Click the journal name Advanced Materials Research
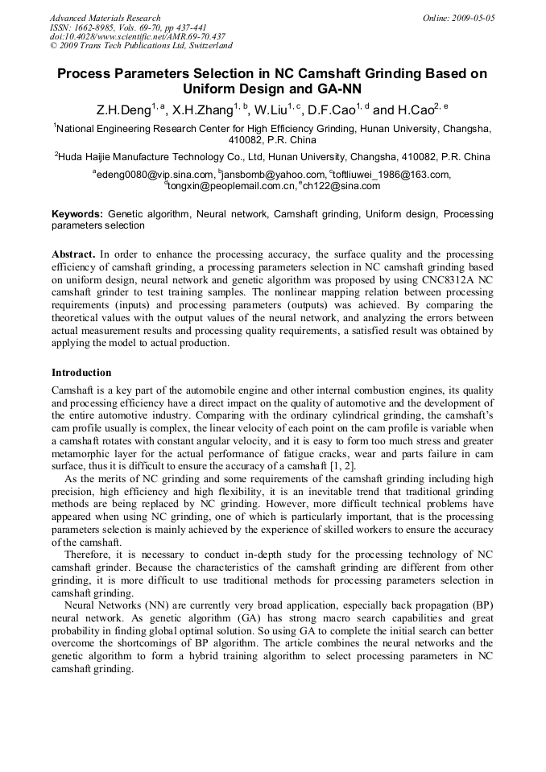[105, 18]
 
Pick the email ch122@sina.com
[341, 186]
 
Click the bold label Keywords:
[77, 215]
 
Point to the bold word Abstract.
[76, 254]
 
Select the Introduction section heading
[81, 373]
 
